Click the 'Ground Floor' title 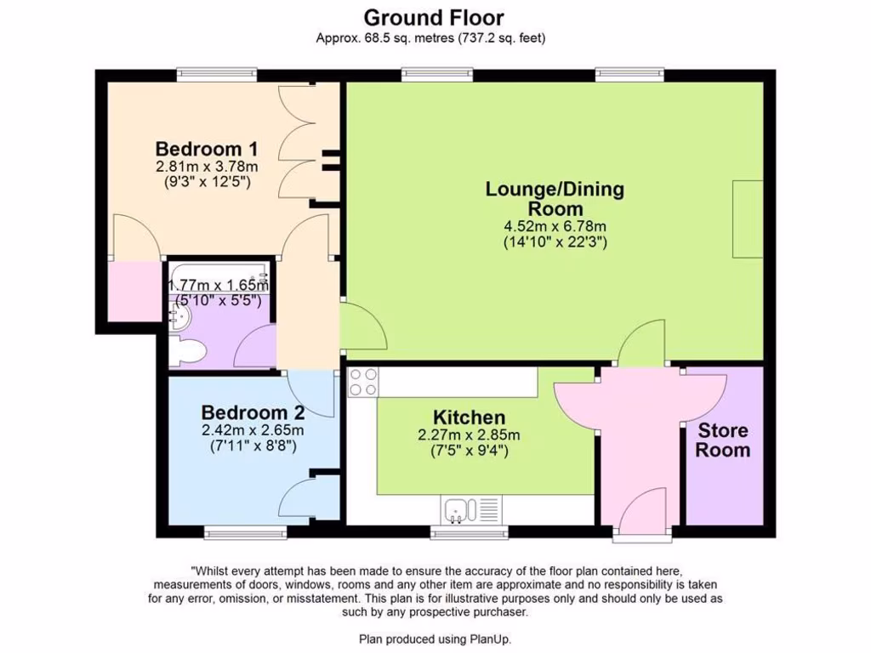[x=434, y=17]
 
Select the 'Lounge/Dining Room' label [x=555, y=198]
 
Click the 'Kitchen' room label [x=469, y=417]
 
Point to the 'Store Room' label [x=723, y=440]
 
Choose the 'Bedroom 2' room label [x=253, y=412]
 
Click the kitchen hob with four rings [x=363, y=382]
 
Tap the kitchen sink [x=460, y=510]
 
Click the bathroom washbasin [x=179, y=317]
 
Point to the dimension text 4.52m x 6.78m [x=555, y=226]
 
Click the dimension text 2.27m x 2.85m [x=470, y=435]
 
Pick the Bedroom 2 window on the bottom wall [x=245, y=533]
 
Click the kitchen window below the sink [x=470, y=533]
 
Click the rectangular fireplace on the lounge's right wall [x=747, y=219]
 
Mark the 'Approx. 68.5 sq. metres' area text [x=430, y=37]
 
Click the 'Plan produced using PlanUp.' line [x=435, y=639]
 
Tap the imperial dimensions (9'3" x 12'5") [x=207, y=182]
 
